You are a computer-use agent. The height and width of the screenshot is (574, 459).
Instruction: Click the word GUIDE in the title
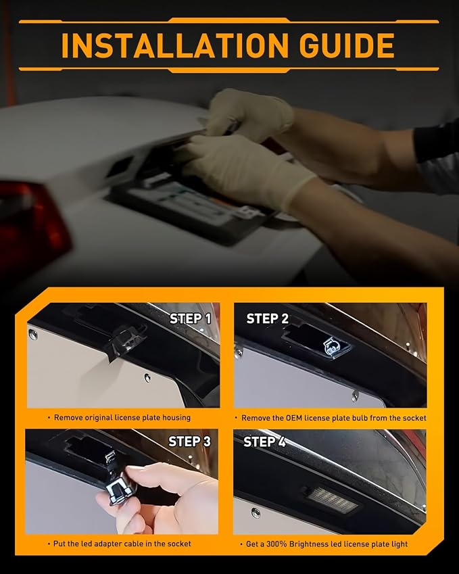click(x=347, y=45)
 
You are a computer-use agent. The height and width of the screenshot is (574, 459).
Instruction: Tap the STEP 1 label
click(x=191, y=318)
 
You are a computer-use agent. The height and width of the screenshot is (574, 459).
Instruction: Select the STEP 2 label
click(x=268, y=318)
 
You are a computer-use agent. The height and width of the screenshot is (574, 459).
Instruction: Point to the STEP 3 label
click(x=189, y=441)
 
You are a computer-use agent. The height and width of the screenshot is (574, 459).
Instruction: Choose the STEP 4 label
click(x=264, y=442)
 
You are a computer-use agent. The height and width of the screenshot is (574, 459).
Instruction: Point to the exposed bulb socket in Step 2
click(x=335, y=346)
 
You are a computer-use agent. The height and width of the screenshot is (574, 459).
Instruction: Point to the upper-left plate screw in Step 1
click(x=33, y=334)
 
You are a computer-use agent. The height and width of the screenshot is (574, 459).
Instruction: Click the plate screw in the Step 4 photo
click(x=256, y=513)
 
